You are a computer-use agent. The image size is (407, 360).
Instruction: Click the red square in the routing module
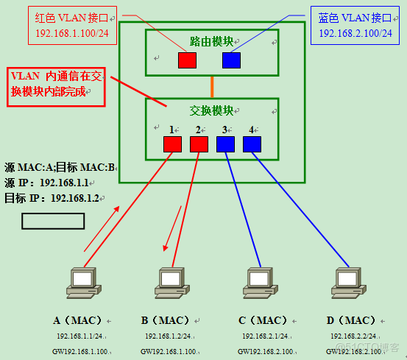point(187,60)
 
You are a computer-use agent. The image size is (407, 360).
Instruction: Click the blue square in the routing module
point(231,60)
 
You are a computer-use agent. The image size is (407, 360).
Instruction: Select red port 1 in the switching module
point(172,144)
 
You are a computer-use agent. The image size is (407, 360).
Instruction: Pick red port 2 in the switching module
point(199,144)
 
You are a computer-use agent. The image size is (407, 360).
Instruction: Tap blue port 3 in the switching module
point(225,144)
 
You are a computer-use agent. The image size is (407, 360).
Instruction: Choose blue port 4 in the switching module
point(252,144)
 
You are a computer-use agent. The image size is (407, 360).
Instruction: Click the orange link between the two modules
point(212,86)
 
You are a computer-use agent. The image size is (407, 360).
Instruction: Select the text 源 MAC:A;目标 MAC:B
point(60,167)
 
